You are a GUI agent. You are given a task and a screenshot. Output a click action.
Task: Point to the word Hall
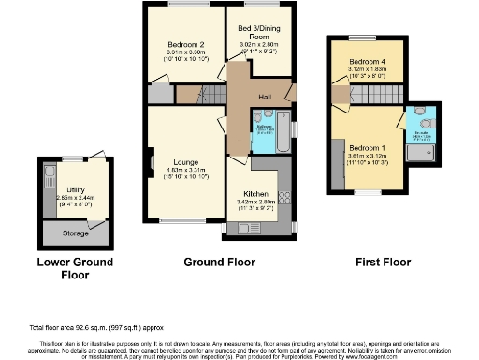coord(266,96)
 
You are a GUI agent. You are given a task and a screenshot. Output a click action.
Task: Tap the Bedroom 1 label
coord(368,148)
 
